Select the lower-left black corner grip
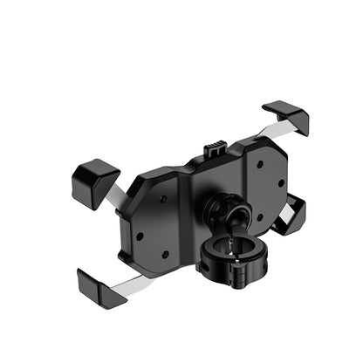pyautogui.click(x=101, y=287)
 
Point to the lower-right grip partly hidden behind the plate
pyautogui.click(x=292, y=215)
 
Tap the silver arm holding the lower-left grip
pyautogui.click(x=131, y=280)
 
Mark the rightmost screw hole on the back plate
pyautogui.click(x=281, y=183)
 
